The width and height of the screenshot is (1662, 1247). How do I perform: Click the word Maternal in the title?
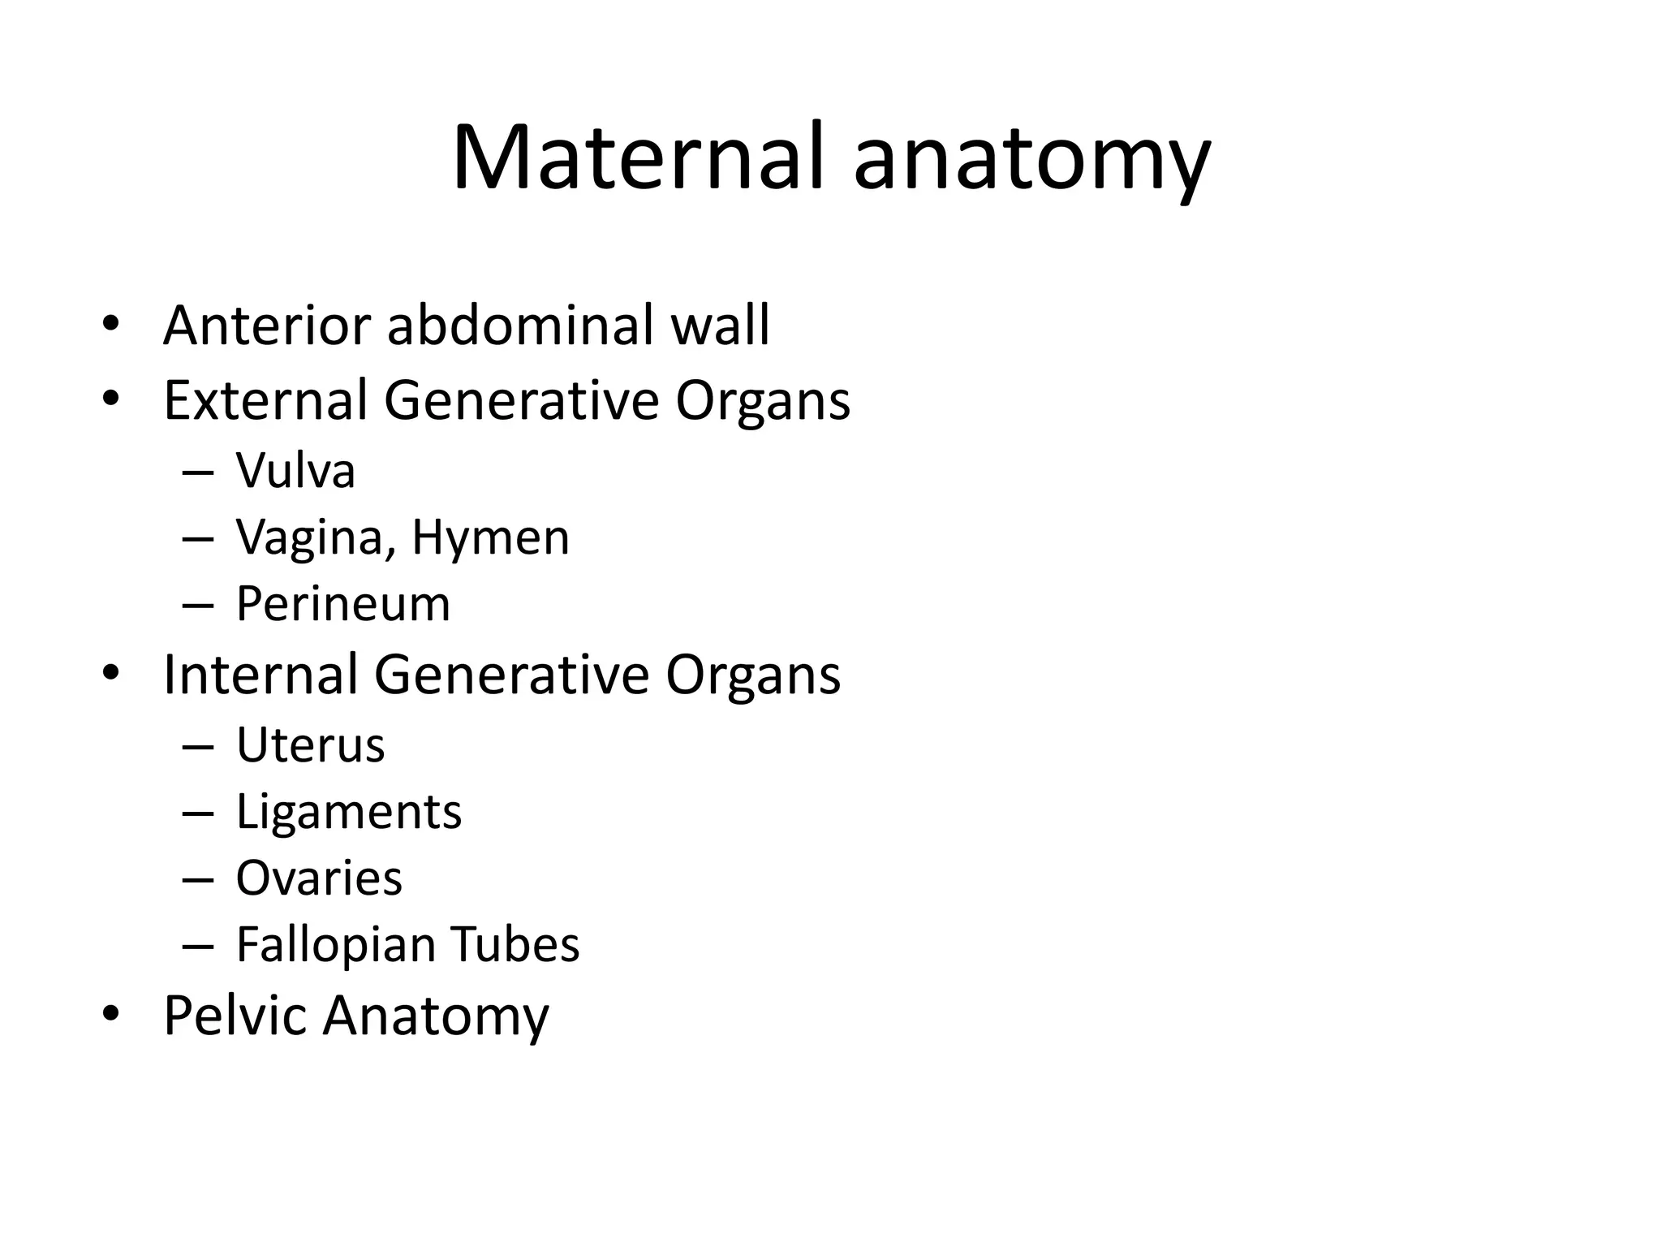[x=639, y=157]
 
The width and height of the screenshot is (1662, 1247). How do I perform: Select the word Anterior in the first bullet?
[x=268, y=326]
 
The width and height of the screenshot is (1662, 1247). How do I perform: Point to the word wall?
[x=720, y=326]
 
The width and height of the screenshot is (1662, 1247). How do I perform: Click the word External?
[x=265, y=400]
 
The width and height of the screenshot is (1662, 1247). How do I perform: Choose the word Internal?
[x=260, y=675]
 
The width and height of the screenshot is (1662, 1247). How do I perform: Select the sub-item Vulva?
[x=295, y=471]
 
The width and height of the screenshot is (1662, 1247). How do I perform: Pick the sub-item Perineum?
[x=342, y=604]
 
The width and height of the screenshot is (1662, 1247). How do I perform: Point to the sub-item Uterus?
[x=310, y=745]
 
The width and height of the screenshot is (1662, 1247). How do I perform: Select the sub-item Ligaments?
[x=349, y=812]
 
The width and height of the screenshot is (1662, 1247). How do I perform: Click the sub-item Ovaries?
[x=319, y=878]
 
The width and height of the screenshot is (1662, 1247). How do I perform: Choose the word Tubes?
[x=515, y=945]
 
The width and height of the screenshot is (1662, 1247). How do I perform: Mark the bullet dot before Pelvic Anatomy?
[x=111, y=1014]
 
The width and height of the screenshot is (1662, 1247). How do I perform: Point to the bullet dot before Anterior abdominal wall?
[x=111, y=326]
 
